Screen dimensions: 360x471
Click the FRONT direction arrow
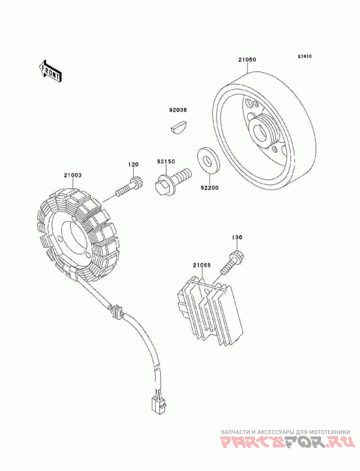click(x=50, y=71)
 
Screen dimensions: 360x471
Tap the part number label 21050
click(x=247, y=59)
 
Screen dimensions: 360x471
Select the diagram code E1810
click(x=305, y=56)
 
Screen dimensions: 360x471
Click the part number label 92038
click(x=177, y=110)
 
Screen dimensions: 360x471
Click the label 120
click(x=134, y=164)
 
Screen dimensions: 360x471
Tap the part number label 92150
click(x=166, y=162)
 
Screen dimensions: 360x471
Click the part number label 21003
click(x=72, y=175)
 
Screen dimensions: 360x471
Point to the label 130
click(x=237, y=237)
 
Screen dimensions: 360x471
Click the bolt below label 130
click(x=232, y=263)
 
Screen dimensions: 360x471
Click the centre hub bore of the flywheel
click(x=260, y=132)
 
